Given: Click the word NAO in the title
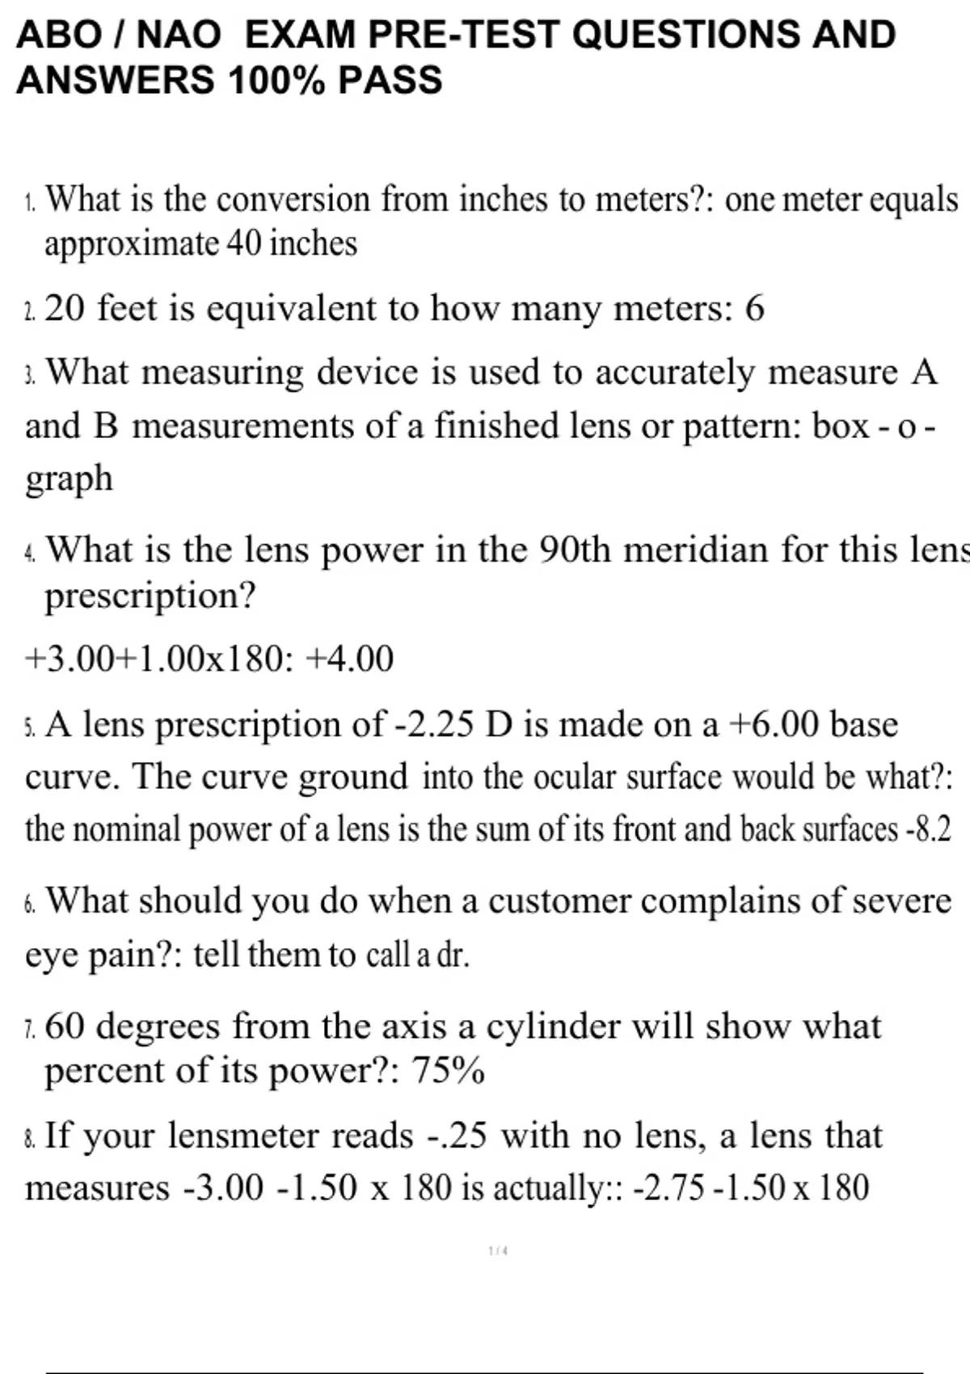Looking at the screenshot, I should [178, 35].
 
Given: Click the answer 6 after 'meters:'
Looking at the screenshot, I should [754, 309].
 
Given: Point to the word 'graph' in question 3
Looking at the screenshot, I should [69, 478].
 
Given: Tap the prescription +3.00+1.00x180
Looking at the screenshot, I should [154, 659].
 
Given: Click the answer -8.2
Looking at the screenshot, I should [929, 830].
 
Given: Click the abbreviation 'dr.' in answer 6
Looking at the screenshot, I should [453, 955].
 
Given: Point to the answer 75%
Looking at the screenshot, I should [449, 1072].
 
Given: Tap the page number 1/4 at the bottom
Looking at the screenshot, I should [498, 1251].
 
